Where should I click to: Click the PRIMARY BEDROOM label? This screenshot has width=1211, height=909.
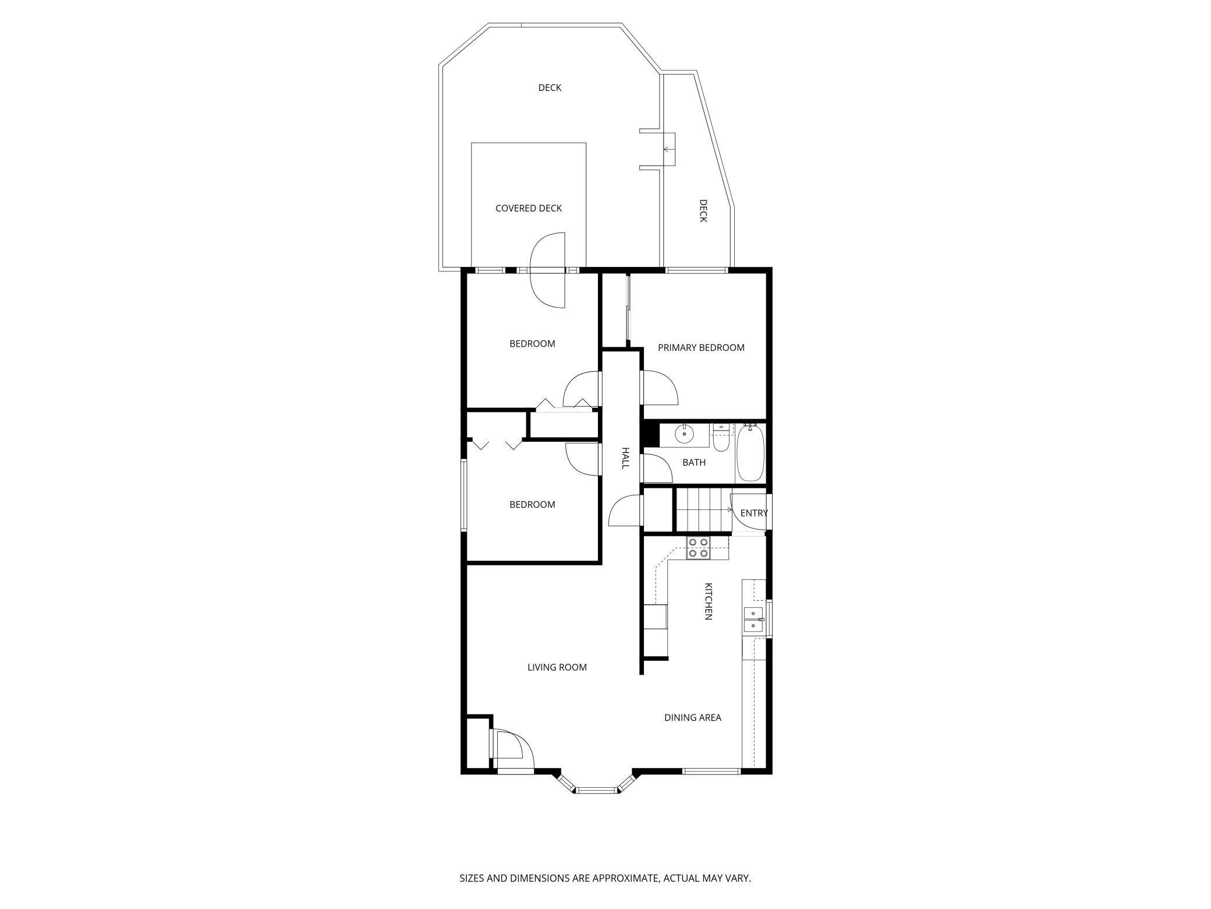pos(701,348)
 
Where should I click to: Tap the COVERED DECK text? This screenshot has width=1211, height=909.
pos(528,209)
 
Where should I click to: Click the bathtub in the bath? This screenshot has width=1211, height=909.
pos(750,453)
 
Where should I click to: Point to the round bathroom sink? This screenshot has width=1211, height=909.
pos(685,434)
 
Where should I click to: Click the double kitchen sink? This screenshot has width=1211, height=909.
pos(753,619)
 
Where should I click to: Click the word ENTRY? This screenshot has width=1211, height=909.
pos(753,513)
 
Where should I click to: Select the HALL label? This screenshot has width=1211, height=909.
pos(625,458)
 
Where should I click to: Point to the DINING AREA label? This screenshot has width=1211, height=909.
pos(692,718)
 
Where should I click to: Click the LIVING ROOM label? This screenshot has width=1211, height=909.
pos(557,668)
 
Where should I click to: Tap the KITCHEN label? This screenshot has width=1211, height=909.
pos(709,601)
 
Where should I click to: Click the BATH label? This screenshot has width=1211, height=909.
pos(693,463)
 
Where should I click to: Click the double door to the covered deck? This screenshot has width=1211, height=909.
pos(548,270)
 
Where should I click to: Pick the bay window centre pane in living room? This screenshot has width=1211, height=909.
pos(596,790)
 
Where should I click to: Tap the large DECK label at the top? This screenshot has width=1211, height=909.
pos(549,88)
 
